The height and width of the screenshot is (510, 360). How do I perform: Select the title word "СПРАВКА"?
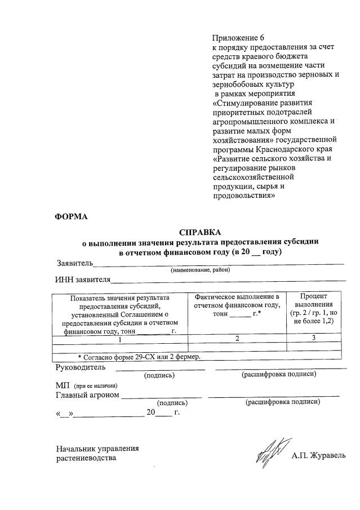coord(200,232)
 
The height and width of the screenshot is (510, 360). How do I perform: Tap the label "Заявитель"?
coord(74,263)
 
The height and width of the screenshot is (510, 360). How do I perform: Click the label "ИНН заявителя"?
coord(82,279)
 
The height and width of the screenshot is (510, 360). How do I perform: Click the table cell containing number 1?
coord(119,339)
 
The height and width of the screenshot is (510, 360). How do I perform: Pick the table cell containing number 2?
coord(237,339)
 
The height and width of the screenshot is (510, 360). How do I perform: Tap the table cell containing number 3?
coord(313,338)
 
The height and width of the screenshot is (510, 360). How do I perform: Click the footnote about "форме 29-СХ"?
coord(139,357)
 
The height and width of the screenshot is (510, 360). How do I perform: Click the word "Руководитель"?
coord(80,367)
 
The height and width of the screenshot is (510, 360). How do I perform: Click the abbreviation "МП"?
coord(62,385)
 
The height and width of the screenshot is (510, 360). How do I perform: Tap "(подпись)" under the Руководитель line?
coord(159,375)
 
